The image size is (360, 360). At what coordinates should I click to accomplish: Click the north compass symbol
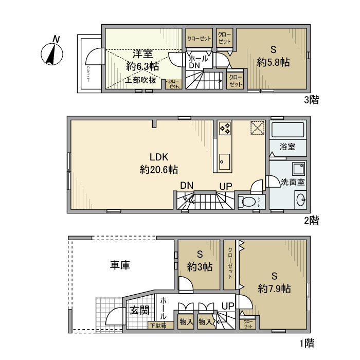[x=52, y=52]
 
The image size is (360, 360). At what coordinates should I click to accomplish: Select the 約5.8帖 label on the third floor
[x=274, y=56]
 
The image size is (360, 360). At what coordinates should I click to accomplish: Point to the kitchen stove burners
[x=225, y=128]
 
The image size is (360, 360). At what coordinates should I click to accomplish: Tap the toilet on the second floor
[x=249, y=202]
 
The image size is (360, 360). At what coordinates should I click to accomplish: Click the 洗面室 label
[x=293, y=182]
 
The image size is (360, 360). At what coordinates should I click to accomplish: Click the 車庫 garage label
[x=120, y=265]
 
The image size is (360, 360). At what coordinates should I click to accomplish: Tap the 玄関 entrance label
[x=139, y=310]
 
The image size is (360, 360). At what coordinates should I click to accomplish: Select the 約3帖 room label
[x=200, y=261]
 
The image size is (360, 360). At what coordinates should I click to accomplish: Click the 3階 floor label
[x=311, y=100]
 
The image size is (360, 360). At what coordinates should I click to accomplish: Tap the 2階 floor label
[x=311, y=221]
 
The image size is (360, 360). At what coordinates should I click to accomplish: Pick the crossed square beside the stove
[x=257, y=128]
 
